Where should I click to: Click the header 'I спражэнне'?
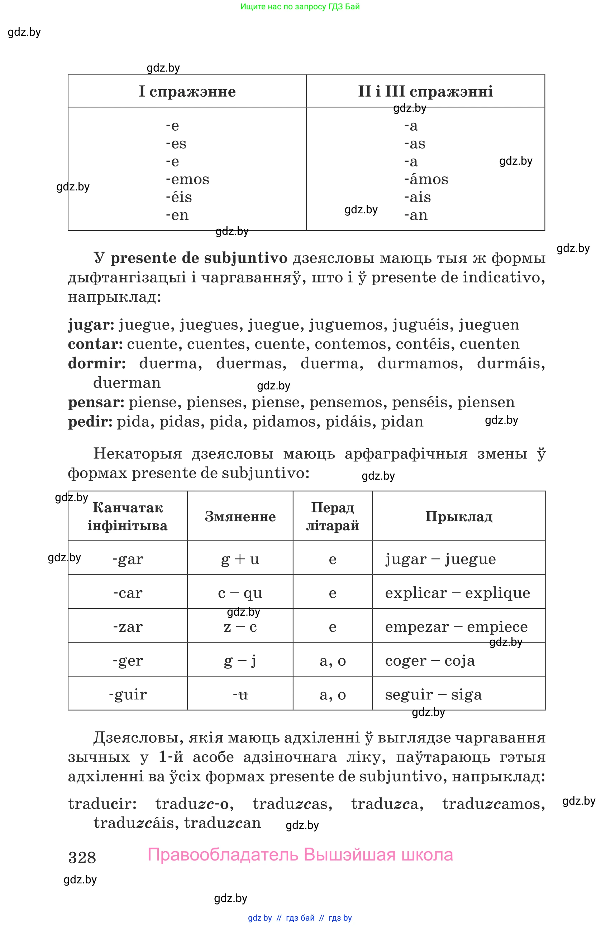[x=187, y=91]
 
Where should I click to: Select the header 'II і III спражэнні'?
[x=425, y=91]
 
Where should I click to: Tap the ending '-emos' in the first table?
[x=187, y=179]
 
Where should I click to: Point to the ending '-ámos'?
[x=426, y=179]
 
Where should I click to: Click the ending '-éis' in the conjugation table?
[x=179, y=197]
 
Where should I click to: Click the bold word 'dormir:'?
[x=97, y=363]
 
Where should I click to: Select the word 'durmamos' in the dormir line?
[x=420, y=363]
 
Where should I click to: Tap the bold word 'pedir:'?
[x=90, y=422]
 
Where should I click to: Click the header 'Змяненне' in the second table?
[x=240, y=516]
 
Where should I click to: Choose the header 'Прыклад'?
[x=458, y=516]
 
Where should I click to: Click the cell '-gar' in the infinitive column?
[x=128, y=559]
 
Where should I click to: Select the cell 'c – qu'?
[x=240, y=593]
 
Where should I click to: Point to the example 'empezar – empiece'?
[x=456, y=627]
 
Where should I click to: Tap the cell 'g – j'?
[x=240, y=661]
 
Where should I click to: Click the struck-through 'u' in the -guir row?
[x=243, y=694]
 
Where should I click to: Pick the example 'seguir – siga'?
[x=433, y=694]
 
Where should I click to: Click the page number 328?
[x=82, y=858]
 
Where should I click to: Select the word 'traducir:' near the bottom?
[x=102, y=804]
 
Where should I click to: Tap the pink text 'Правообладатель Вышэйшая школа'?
[x=300, y=855]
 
